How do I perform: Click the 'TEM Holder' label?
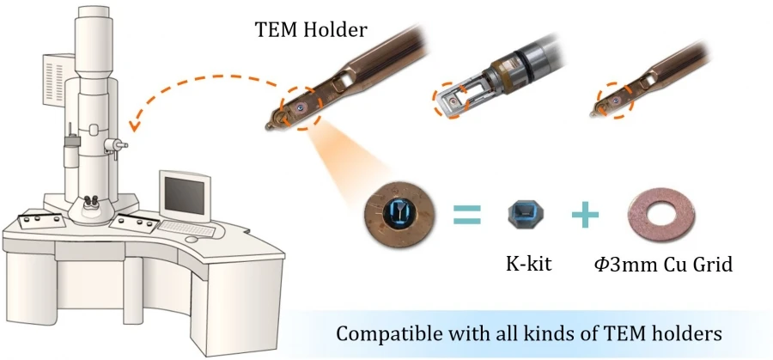pos(311,30)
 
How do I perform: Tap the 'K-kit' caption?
pos(528,264)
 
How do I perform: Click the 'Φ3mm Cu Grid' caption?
pos(663,265)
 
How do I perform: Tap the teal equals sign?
pos(466,215)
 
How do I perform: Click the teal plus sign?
pos(585,215)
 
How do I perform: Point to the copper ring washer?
pos(661,215)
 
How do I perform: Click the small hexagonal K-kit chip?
pos(526,215)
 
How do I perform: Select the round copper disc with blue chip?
pos(399,214)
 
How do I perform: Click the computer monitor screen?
pos(185,196)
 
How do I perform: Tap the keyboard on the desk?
pos(186,229)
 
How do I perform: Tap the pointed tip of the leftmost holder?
pos(267,128)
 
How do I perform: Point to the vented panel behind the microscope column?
pos(54,79)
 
